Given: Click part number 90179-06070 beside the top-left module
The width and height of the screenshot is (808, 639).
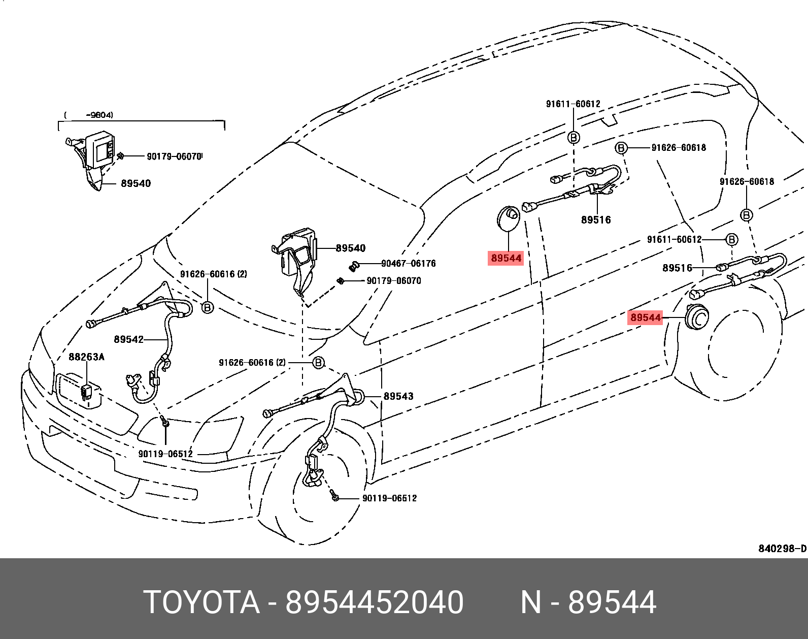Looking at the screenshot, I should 174,156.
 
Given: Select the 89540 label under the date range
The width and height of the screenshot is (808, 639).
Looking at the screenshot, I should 136,183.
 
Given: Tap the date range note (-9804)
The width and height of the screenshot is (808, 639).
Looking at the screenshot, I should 99,115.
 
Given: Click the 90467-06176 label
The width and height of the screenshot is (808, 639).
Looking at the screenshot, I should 408,263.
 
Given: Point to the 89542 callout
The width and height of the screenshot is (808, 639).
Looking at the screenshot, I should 128,339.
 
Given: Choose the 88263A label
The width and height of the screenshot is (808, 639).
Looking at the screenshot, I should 86,357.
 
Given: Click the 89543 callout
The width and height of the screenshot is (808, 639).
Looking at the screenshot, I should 398,396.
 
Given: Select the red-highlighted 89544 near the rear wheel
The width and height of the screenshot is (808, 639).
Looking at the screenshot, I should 646,317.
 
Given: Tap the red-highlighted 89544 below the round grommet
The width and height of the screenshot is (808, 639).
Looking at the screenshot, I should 506,258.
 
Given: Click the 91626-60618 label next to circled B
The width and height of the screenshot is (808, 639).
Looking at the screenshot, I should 679,148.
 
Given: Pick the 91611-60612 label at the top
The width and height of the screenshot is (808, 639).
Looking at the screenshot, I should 573,104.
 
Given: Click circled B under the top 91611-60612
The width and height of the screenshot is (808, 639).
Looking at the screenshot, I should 574,137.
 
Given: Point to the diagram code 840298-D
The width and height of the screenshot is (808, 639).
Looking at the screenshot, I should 782,549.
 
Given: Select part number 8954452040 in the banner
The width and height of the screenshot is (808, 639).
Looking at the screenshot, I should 374,602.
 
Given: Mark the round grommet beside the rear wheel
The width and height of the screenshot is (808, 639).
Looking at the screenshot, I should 696,317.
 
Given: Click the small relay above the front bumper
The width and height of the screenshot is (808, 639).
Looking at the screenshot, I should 86,392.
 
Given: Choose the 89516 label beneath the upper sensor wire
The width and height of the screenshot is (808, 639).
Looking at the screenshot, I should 596,220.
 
